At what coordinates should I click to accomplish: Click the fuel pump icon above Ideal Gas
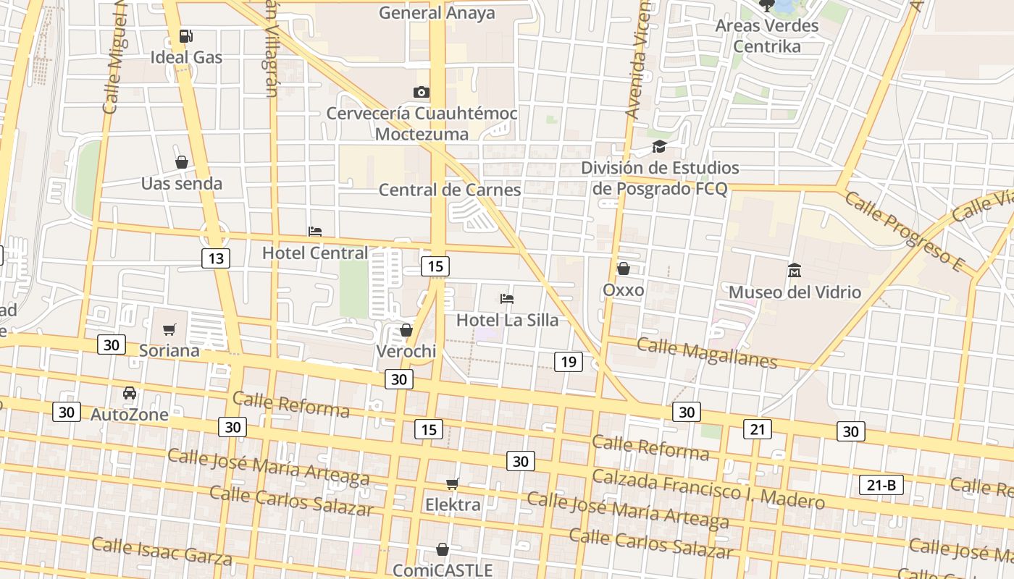pos(186,36)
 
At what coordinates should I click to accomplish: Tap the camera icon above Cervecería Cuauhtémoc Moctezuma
pos(421,92)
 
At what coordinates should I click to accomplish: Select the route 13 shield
pos(215,258)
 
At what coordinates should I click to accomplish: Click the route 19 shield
pos(568,362)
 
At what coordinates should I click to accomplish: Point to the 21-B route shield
pos(881,485)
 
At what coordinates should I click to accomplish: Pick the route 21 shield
pos(757,430)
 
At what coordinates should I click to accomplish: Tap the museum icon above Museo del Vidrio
pos(794,271)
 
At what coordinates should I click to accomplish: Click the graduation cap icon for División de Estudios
pos(659,147)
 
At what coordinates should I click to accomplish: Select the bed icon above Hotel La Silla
pos(507,298)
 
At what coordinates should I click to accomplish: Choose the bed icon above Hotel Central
pos(315,232)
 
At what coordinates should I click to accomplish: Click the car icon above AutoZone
pos(130,393)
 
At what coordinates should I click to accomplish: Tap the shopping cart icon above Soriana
pos(169,330)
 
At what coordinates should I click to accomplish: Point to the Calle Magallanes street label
pos(706,352)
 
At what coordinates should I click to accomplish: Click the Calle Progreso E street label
pos(903,232)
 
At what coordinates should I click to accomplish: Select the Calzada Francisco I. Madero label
pos(708,489)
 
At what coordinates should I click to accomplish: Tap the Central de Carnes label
pos(450,190)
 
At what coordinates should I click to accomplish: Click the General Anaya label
pos(437,13)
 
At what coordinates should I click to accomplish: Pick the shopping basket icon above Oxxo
pos(623,269)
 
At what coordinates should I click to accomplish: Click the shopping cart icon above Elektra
pos(453,483)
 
